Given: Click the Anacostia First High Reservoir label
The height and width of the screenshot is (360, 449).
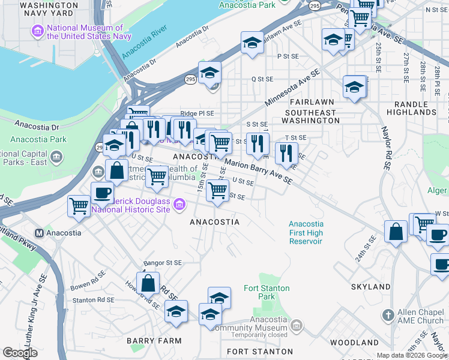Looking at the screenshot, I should [x=306, y=233].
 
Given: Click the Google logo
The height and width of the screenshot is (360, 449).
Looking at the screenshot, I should [x=20, y=353].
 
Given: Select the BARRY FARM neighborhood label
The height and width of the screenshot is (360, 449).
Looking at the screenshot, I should [x=146, y=340].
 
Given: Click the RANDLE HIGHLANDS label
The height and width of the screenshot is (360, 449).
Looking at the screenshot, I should [x=411, y=108].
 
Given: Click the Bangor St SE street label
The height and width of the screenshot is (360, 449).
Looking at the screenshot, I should [x=162, y=263].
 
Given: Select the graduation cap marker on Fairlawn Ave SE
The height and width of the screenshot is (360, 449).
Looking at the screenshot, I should [x=253, y=43].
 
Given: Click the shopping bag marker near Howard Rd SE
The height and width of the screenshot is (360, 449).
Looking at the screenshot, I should [x=148, y=283].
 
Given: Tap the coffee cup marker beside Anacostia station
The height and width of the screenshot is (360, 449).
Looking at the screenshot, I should [x=102, y=193].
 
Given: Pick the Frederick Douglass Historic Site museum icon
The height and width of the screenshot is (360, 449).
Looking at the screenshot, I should [x=178, y=206].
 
